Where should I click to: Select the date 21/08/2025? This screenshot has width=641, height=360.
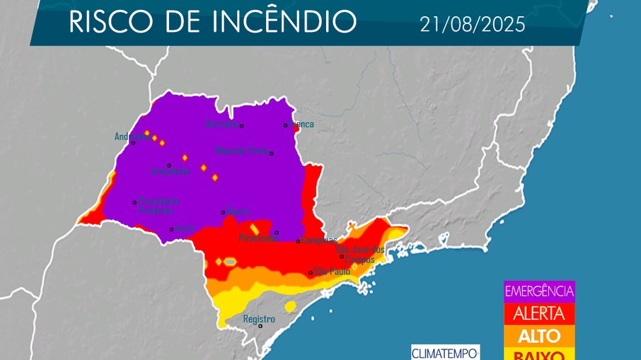[x=472, y=24]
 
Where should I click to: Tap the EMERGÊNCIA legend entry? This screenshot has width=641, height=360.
[x=539, y=291]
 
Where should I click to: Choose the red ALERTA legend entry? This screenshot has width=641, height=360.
[x=539, y=313]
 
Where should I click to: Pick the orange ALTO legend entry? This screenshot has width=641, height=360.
[x=539, y=335]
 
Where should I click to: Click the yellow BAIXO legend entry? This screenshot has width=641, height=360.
[x=539, y=354]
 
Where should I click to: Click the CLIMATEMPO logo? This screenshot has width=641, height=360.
[x=445, y=352]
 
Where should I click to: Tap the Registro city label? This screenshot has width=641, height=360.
[x=259, y=319]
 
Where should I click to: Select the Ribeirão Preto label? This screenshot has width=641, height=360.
[x=243, y=151]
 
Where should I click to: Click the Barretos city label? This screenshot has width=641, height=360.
[x=222, y=124]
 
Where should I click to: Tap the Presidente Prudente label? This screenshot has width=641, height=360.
[x=158, y=206]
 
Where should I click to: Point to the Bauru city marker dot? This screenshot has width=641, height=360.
[x=223, y=212]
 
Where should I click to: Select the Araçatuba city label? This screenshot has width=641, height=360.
[x=170, y=172]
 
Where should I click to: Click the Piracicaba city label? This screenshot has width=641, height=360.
[x=258, y=239]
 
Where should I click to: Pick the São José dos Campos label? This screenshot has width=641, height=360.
[x=359, y=255]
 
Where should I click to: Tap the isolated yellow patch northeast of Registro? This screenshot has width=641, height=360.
[x=289, y=306]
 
